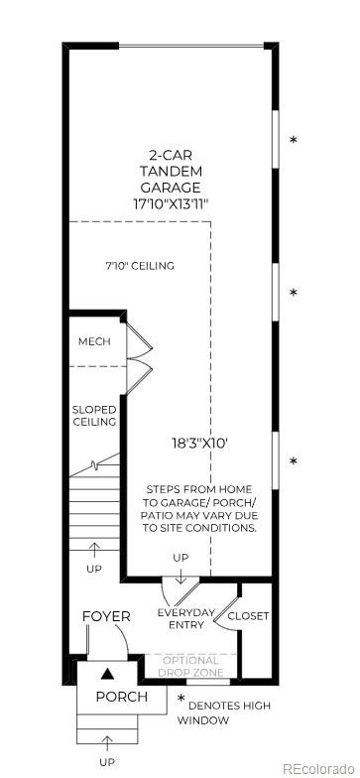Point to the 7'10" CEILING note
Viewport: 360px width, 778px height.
140,266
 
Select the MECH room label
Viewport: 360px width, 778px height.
95,342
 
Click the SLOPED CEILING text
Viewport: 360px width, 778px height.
94,416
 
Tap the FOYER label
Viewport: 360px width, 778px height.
106,616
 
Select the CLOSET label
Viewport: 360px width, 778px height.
248,615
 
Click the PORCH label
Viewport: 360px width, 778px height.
121,697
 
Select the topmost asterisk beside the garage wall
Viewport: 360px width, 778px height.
293,141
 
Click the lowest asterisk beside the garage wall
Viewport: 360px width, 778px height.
293,462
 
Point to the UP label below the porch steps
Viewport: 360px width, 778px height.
106,761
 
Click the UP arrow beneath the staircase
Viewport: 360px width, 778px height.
94,547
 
